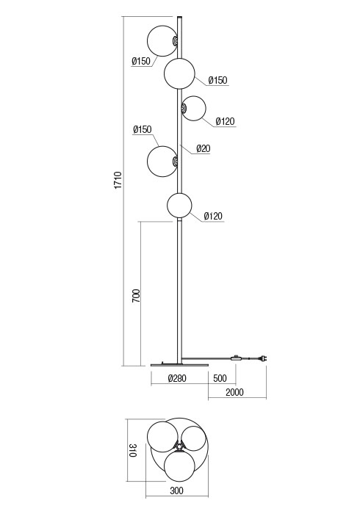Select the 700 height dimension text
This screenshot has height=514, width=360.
(136, 295)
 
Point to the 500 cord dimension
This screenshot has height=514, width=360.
(219, 379)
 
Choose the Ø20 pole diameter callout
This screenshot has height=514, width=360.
(204, 148)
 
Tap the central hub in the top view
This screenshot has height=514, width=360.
(179, 446)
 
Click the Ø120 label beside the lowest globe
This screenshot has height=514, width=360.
(212, 216)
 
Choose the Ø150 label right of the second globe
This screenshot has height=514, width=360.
(217, 80)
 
